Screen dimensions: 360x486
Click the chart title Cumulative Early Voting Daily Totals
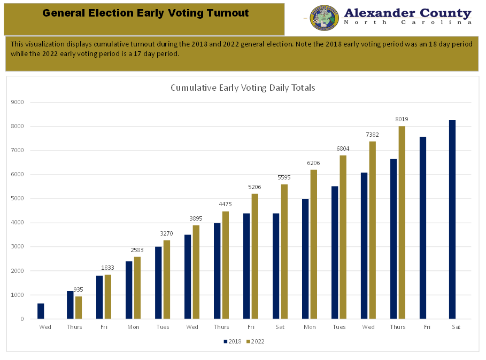pos(243,88)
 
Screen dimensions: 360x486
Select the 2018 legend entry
pos(232,341)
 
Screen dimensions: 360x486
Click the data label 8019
pos(402,119)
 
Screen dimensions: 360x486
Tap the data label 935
pos(78,289)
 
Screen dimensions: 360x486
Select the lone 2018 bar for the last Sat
pos(452,220)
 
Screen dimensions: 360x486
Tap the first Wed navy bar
pos(41,311)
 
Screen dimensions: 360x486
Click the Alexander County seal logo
pos(324,18)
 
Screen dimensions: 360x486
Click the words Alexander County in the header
pos(407,13)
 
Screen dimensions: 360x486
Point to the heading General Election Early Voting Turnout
pos(145,13)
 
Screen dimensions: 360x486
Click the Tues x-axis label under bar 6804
pos(339,327)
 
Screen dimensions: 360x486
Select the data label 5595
pos(284,177)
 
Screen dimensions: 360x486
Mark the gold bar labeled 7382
pos(372,230)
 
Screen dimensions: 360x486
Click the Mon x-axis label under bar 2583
pos(133,327)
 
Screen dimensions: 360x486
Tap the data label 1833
pos(107,268)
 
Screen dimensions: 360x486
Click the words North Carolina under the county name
pos(407,22)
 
